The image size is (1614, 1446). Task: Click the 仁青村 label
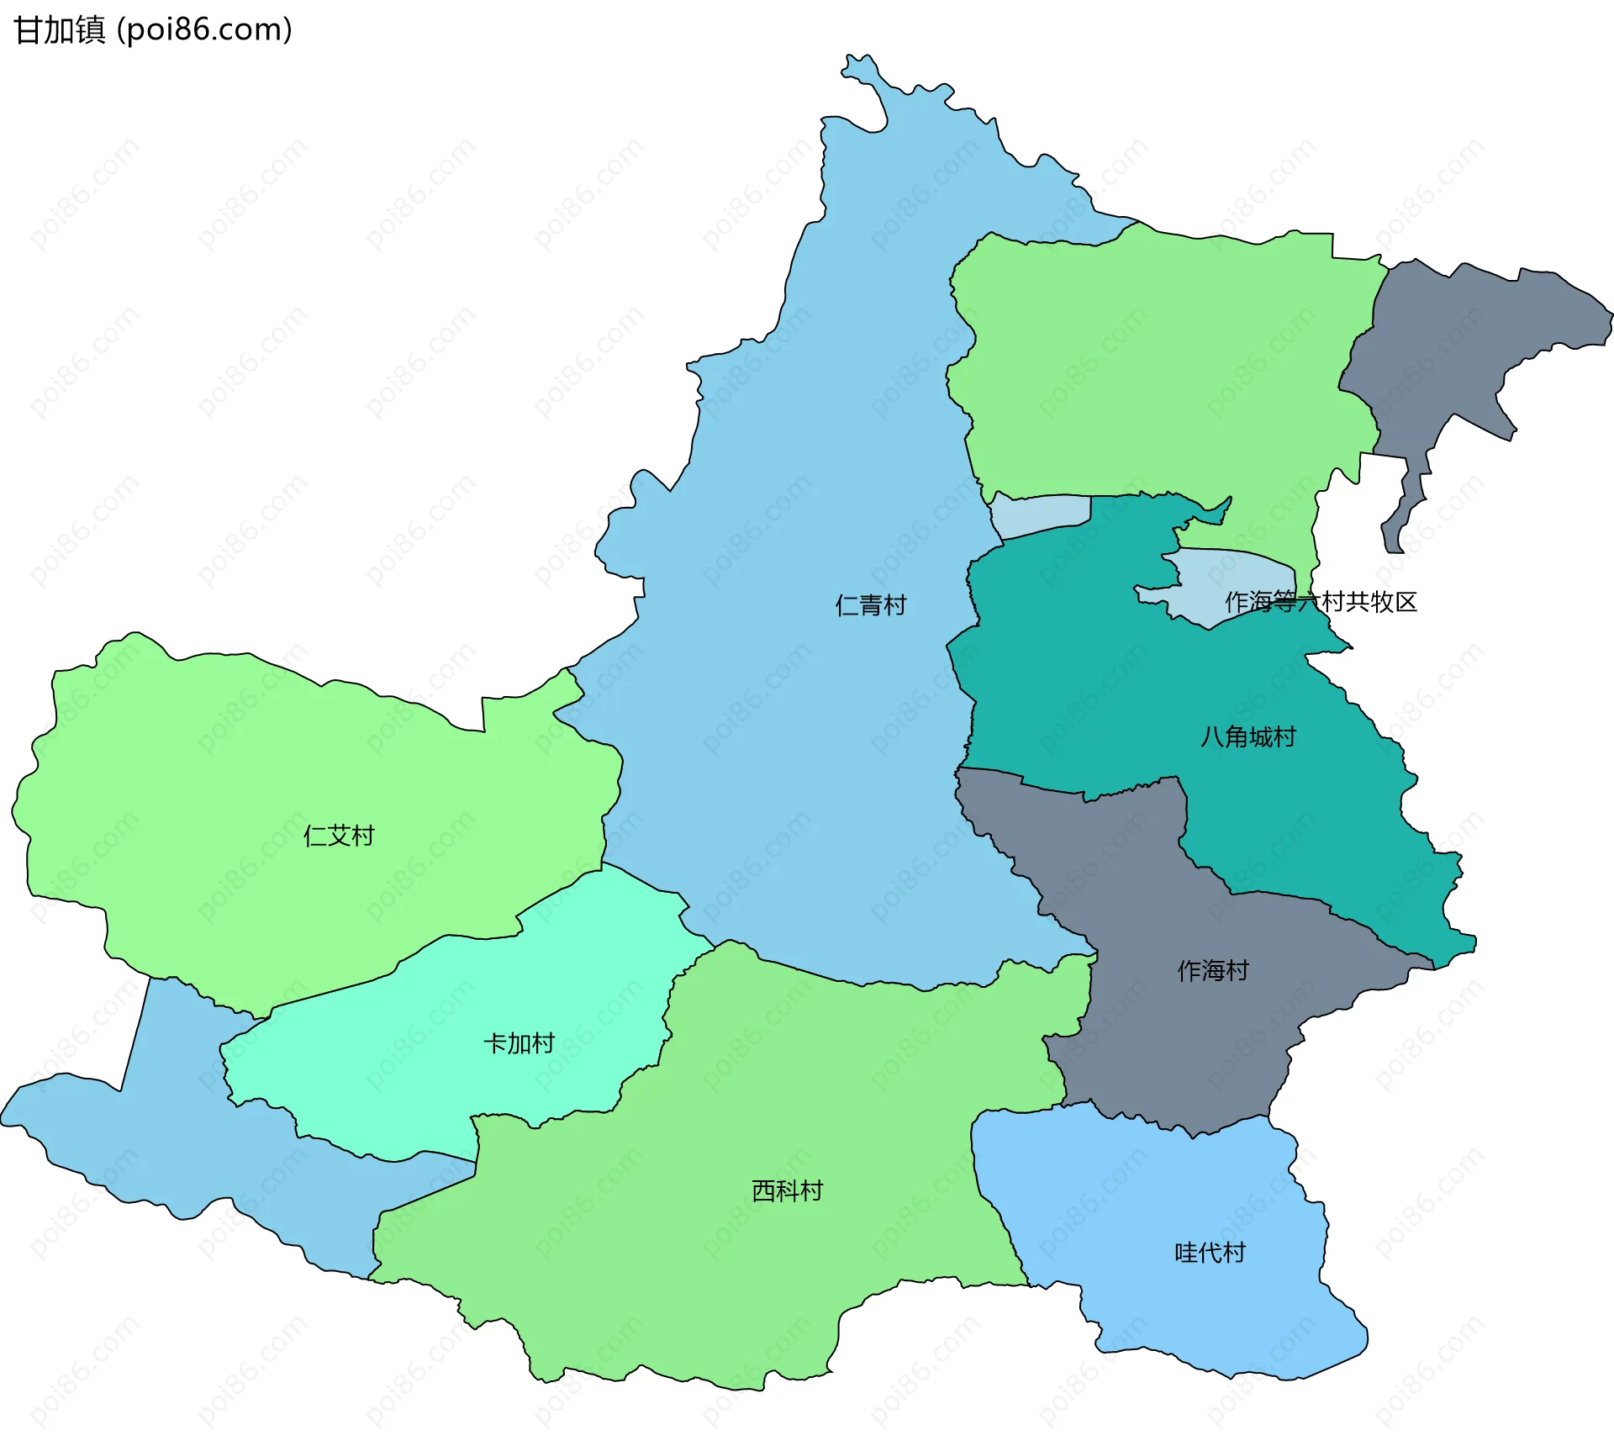pyautogui.click(x=870, y=605)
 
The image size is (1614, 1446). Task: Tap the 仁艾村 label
pyautogui.click(x=338, y=836)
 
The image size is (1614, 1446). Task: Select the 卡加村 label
pyautogui.click(x=519, y=1043)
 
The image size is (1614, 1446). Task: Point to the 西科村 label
pyautogui.click(x=787, y=1191)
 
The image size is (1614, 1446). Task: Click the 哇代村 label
pyautogui.click(x=1210, y=1253)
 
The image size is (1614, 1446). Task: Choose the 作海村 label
pyautogui.click(x=1212, y=971)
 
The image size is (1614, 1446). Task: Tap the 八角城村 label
pyautogui.click(x=1247, y=737)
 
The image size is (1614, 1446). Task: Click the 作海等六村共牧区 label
pyautogui.click(x=1321, y=602)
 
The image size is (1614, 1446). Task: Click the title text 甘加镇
pyautogui.click(x=60, y=30)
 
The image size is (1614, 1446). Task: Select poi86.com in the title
pyautogui.click(x=204, y=30)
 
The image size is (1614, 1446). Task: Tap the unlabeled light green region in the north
pyautogui.click(x=1160, y=361)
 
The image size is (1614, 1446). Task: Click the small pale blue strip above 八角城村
pyautogui.click(x=1041, y=514)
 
